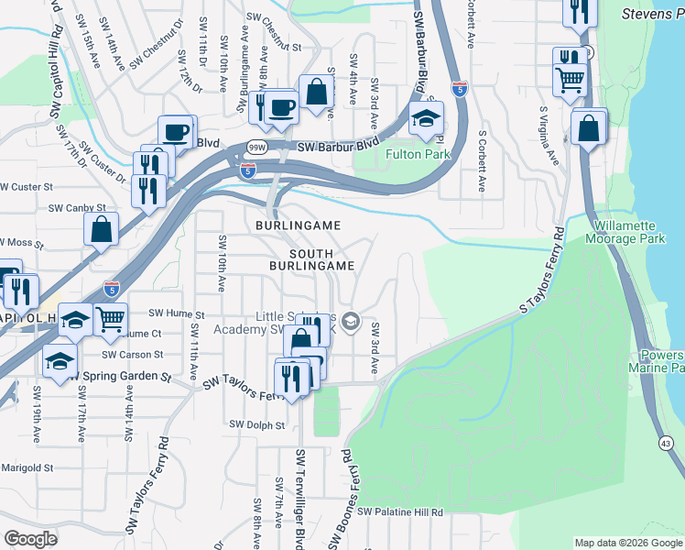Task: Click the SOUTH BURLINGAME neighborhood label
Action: tap(310, 258)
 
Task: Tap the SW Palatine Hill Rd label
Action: tap(400, 511)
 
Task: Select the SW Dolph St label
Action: tap(257, 424)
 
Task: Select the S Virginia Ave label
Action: tap(548, 137)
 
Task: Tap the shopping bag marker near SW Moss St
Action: tap(102, 229)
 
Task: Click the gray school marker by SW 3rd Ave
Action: tap(350, 323)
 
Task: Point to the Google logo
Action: tap(31, 539)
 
